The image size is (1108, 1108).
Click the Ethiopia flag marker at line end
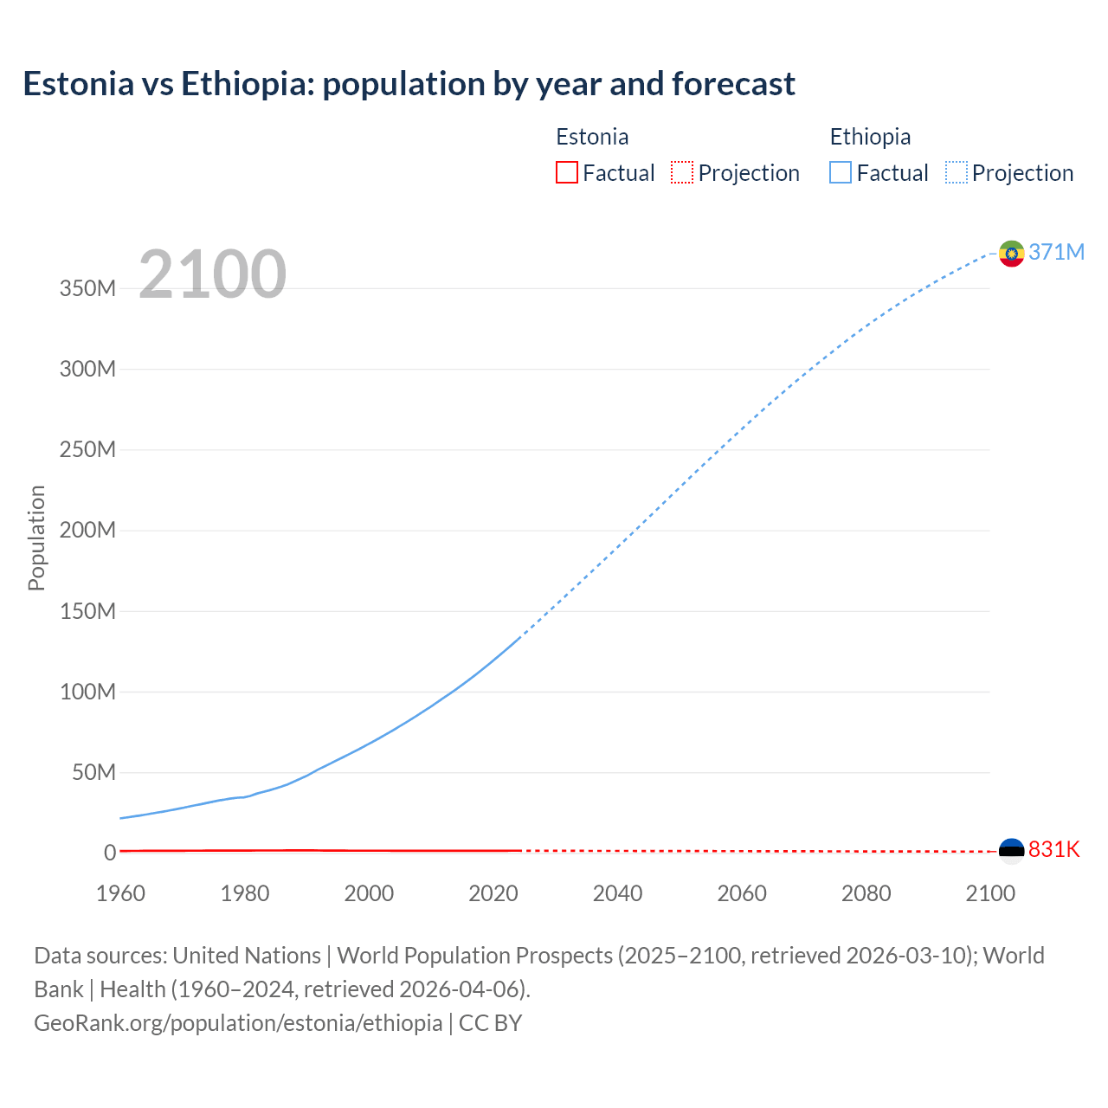[1011, 253]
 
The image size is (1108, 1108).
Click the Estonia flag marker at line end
[1011, 850]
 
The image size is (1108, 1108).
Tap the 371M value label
[1056, 252]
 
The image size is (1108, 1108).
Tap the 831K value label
[1053, 849]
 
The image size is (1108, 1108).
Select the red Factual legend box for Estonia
[566, 173]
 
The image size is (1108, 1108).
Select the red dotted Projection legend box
[682, 173]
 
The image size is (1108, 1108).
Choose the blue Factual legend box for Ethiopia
[840, 173]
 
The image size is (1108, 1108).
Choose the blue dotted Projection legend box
[956, 173]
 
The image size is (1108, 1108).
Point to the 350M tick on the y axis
[87, 288]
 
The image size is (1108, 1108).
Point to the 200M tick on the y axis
[87, 530]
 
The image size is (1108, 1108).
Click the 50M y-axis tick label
[93, 772]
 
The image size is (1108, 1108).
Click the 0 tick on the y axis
[110, 853]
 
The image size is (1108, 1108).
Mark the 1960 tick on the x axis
[120, 893]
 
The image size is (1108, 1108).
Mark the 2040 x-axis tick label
[617, 893]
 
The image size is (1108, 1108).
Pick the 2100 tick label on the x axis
[989, 893]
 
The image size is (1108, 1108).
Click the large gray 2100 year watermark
[212, 274]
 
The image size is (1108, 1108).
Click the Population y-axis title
[36, 538]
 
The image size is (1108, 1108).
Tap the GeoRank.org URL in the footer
[238, 1022]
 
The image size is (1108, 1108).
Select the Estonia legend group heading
[592, 137]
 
